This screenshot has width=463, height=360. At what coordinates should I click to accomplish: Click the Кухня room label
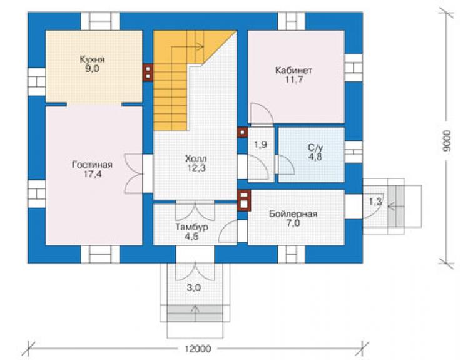[x=92, y=59]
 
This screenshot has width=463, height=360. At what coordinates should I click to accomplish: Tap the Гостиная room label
[x=92, y=165]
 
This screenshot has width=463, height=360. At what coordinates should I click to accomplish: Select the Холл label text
[x=196, y=159]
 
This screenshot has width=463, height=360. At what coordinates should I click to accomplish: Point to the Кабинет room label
[x=293, y=71]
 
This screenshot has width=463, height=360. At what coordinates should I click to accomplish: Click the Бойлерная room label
[x=293, y=213]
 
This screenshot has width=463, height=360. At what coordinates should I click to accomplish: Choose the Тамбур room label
[x=191, y=227]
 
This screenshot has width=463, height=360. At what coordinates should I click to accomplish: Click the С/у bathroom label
[x=315, y=148]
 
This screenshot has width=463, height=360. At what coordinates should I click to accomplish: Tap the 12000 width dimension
[x=198, y=349]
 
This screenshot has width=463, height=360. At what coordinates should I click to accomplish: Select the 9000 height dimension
[x=447, y=141]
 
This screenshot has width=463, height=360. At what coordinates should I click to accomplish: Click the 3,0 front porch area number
[x=194, y=287]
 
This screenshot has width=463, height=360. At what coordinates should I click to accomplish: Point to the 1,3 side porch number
[x=375, y=202]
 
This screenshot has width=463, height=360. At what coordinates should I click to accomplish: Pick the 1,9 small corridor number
[x=261, y=145]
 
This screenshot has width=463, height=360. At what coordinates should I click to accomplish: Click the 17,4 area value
[x=92, y=174]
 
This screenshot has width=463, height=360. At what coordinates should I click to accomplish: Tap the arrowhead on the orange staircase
[x=201, y=46]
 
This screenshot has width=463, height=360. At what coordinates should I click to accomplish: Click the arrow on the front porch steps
[x=195, y=313]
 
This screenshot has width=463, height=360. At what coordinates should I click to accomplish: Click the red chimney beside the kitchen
[x=148, y=73]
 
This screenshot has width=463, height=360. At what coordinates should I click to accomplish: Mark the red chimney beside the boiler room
[x=244, y=201]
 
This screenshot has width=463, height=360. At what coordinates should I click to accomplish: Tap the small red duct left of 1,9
[x=242, y=133]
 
